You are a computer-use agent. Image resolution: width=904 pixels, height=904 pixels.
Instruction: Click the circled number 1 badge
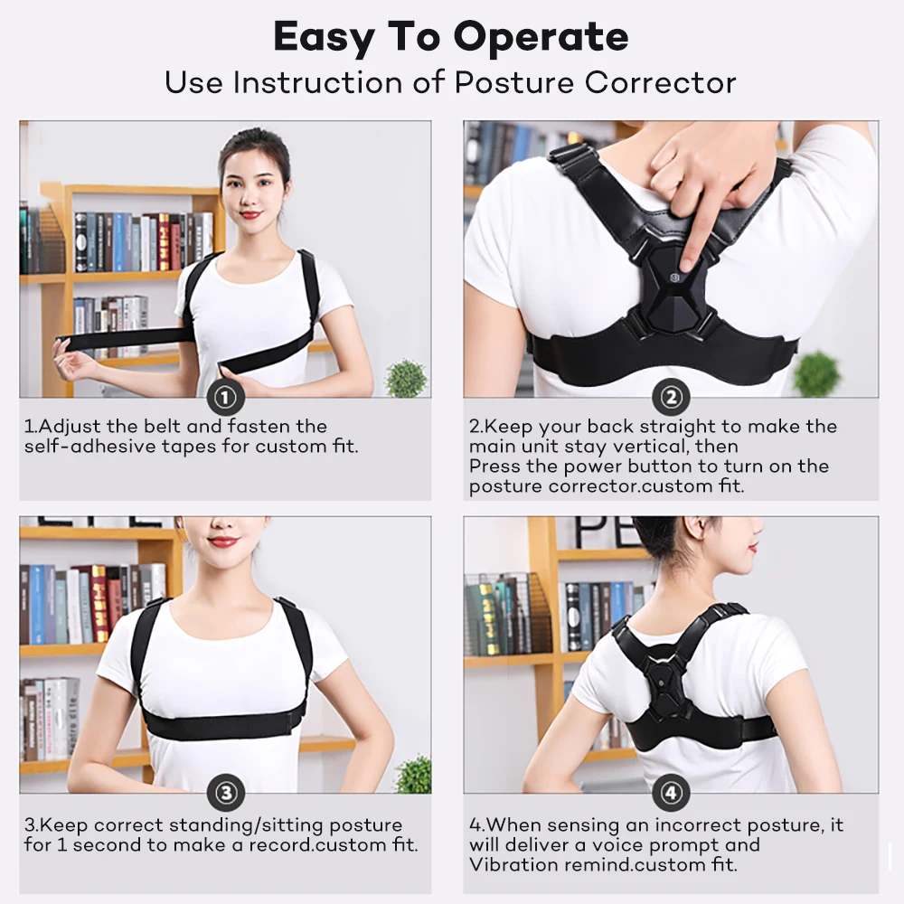(x=225, y=397)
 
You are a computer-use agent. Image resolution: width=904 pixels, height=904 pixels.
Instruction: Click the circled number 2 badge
(x=670, y=397)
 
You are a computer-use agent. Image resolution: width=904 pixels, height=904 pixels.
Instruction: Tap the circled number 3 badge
(x=225, y=793)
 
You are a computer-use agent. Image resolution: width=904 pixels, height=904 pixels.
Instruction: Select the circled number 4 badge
(x=670, y=793)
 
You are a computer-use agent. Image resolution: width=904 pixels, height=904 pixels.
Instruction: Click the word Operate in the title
(x=541, y=38)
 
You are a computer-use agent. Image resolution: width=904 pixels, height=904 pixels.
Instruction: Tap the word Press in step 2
(x=493, y=466)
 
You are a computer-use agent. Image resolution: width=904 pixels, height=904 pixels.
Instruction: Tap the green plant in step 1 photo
(x=406, y=378)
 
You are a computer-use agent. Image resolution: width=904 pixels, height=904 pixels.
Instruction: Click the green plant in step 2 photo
(x=816, y=372)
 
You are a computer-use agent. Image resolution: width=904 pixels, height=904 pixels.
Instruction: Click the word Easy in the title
(x=325, y=38)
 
